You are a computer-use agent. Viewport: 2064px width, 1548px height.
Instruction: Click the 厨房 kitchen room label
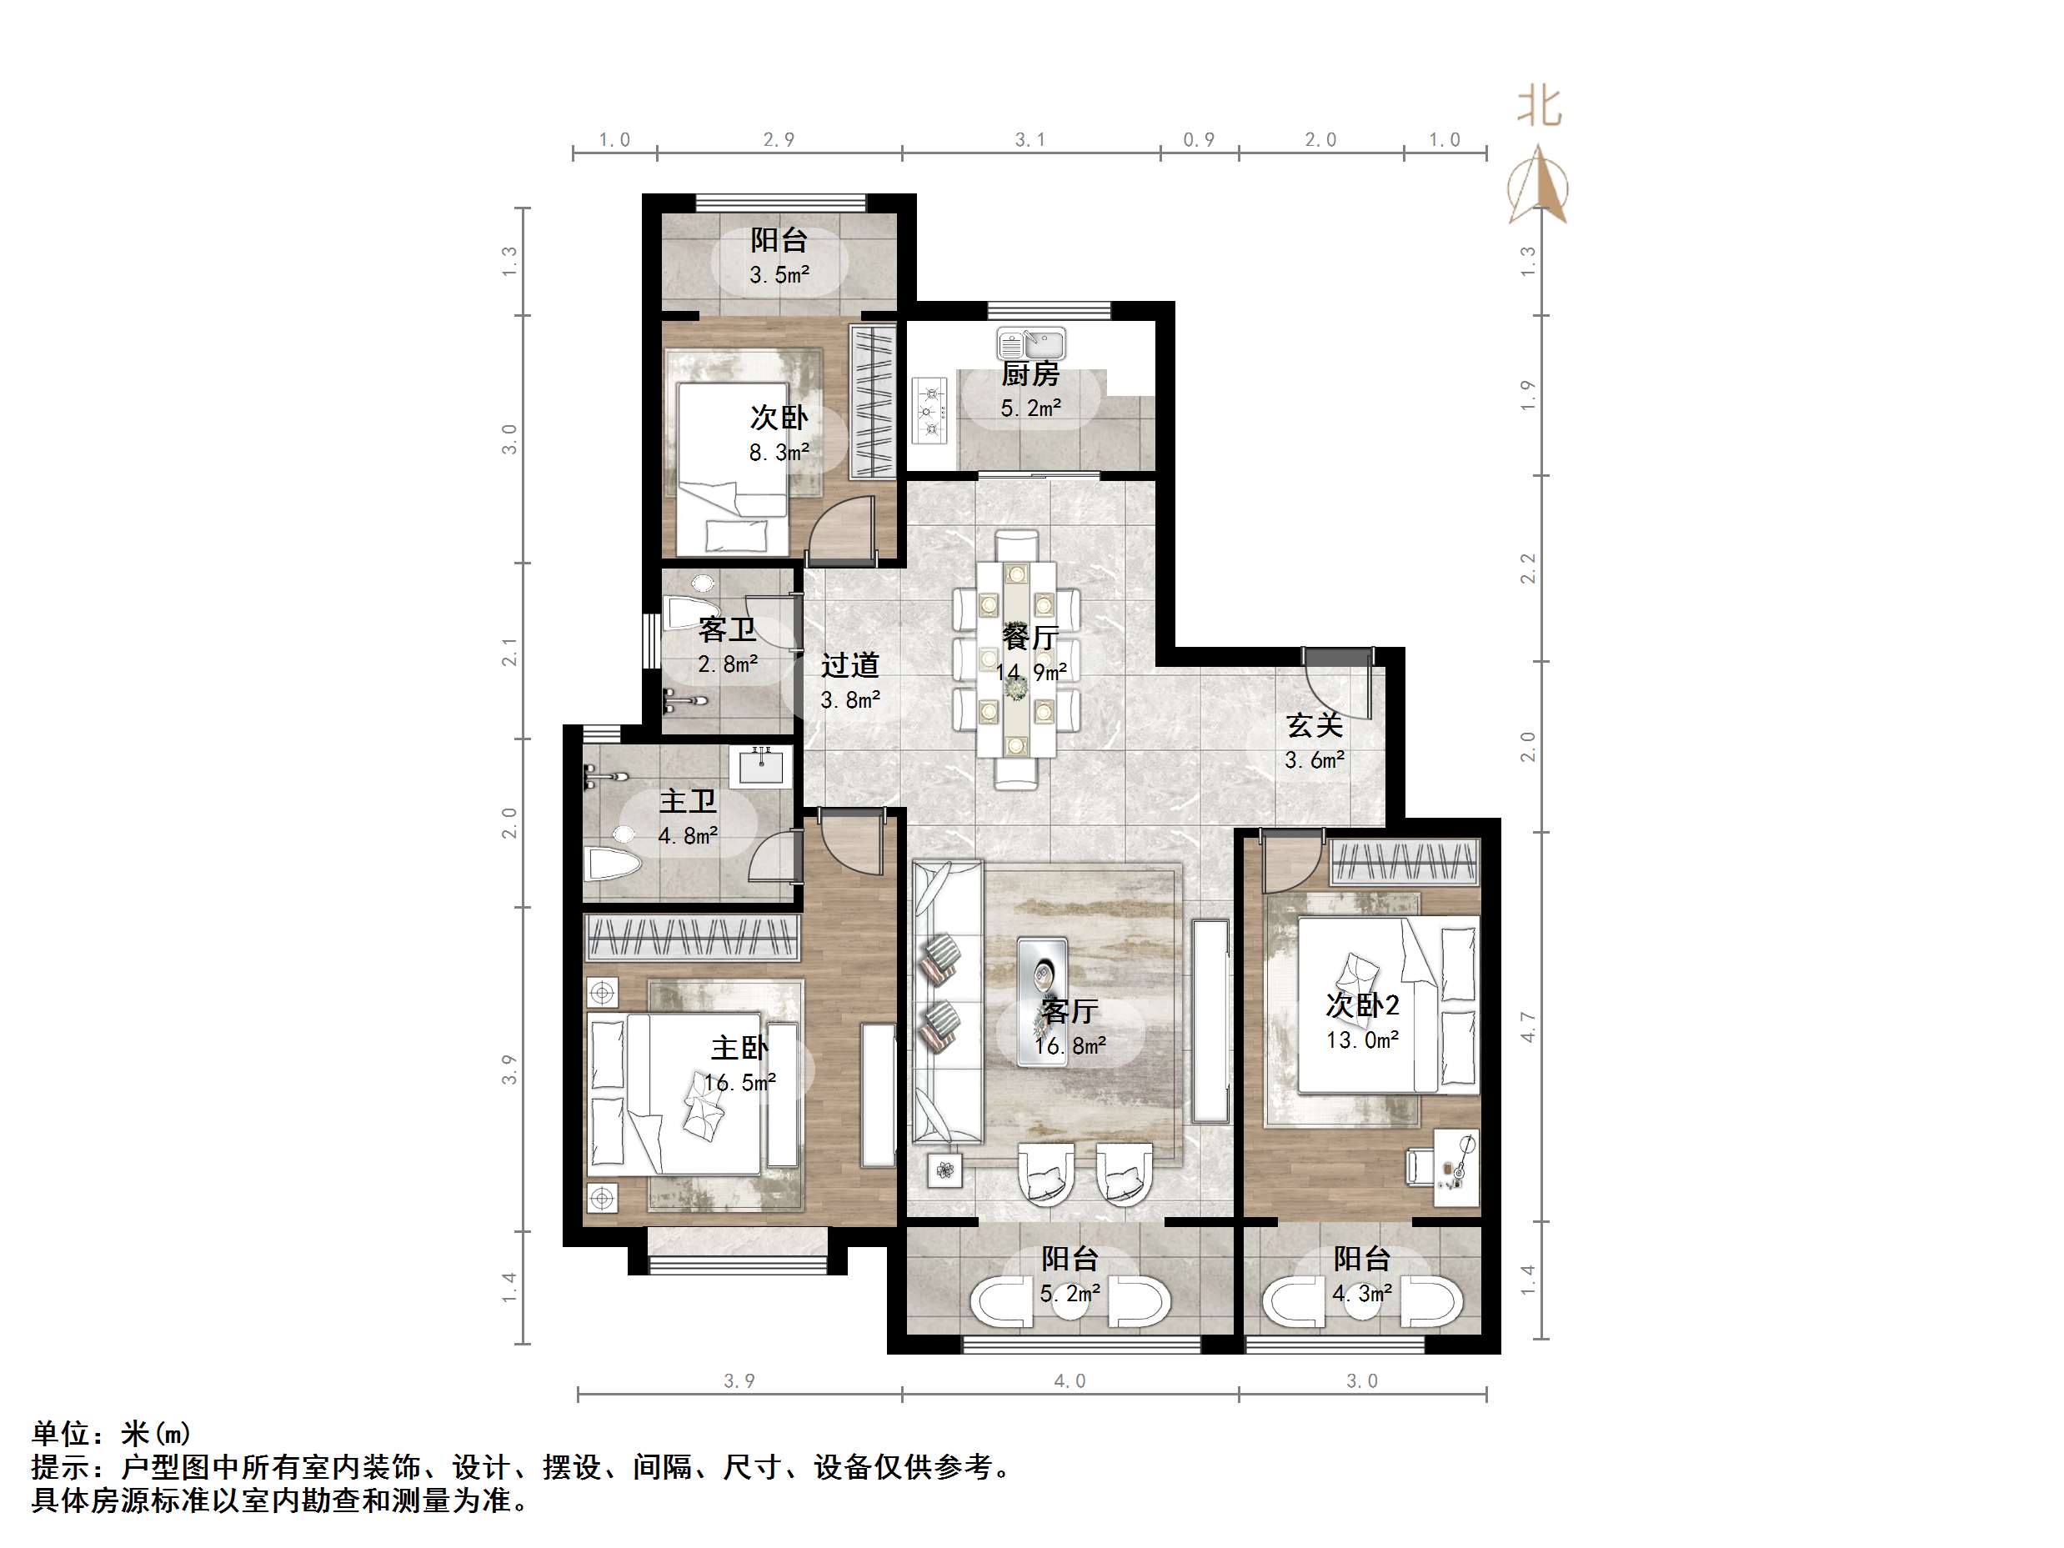coord(1030,374)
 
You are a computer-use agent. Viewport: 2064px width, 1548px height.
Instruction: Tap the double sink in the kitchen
coord(1031,343)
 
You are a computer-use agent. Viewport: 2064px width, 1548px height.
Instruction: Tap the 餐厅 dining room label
coord(1030,638)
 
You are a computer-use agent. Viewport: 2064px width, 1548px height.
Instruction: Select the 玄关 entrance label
coord(1314,725)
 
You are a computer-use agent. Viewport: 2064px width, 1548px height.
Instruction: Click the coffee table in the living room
coord(1042,1001)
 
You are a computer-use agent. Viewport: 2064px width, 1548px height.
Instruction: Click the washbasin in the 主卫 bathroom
coord(764,767)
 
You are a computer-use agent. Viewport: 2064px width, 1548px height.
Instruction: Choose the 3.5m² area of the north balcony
coord(779,275)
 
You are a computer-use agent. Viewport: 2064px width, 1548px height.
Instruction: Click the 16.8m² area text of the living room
coord(1070,1046)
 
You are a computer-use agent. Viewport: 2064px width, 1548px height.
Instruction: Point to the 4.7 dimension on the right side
coord(1527,1026)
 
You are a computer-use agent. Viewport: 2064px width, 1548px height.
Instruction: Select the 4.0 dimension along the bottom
coord(1070,1381)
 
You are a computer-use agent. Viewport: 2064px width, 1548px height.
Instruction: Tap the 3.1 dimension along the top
coord(1030,140)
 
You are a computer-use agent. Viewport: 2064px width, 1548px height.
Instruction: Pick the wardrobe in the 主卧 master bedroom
coord(691,937)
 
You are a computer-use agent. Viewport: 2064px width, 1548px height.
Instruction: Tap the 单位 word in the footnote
coord(62,1433)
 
